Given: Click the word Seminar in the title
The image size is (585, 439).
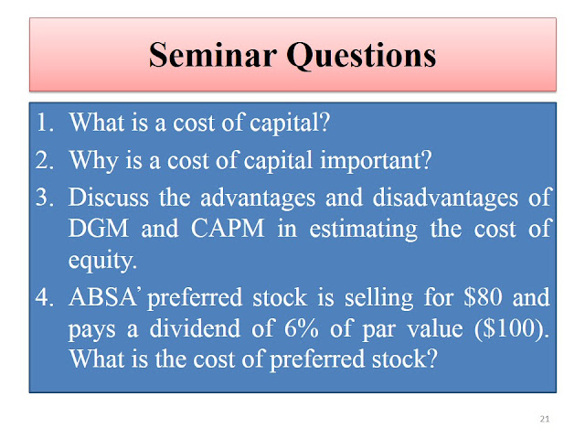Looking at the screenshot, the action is coord(213,55).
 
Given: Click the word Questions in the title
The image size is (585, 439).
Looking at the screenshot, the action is coord(361,56).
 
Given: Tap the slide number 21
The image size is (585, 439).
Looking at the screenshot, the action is coord(545,419).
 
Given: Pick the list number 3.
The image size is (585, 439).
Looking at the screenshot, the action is coord(45,198).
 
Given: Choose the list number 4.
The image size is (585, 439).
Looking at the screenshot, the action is coord(45,297).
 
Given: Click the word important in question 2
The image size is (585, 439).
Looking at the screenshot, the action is coord(376,161).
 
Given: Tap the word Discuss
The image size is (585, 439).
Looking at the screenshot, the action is coord(109,198).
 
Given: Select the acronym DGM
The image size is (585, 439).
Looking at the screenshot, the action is coord(99,229).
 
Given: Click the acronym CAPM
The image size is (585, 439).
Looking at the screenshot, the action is coord(228,229).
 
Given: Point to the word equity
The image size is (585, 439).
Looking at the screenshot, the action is coord(102,261).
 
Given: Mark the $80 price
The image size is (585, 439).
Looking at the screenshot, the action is coord(483,297).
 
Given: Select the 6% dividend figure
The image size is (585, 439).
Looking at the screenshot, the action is coord(302,329).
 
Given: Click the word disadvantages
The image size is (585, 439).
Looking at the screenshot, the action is coord(445,198).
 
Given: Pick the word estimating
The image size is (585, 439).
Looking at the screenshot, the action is coord(364,230).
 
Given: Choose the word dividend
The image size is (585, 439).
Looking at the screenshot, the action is coord(195,328).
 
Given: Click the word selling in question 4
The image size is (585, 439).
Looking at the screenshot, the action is coord(379,299).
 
